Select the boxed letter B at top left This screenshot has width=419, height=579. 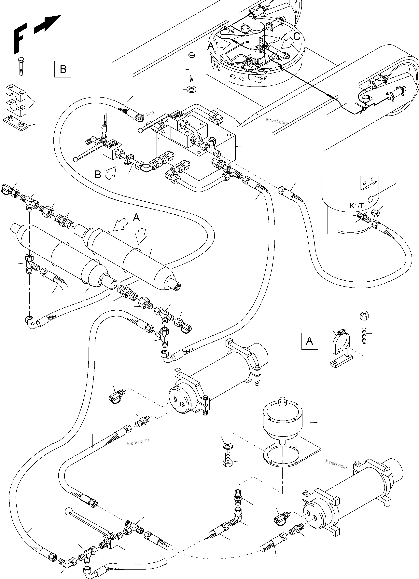[63, 69]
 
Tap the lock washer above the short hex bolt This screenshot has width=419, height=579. [227, 446]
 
